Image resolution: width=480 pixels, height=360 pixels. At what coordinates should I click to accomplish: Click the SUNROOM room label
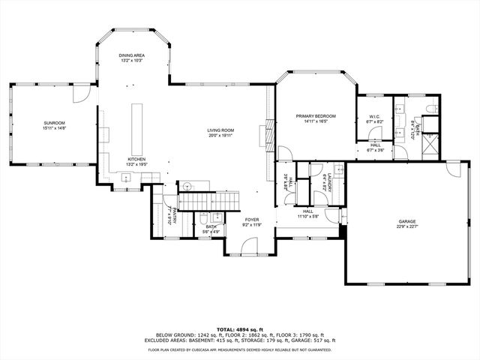pos(54,122)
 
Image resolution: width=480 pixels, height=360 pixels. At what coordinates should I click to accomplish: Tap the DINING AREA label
pos(132,55)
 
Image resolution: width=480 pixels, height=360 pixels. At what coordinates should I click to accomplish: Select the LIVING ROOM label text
pos(220,131)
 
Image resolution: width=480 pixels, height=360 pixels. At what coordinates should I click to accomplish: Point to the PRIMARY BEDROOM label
pos(315,115)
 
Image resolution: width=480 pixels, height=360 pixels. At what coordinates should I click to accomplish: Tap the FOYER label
pos(251,220)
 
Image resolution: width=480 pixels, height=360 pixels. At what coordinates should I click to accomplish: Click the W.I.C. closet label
pos(376,117)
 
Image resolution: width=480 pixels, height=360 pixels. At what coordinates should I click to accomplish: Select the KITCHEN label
pos(136,159)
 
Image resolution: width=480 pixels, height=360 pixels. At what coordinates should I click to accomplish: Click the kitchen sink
pos(126,178)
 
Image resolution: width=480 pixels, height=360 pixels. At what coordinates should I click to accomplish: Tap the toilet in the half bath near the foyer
pos(204,220)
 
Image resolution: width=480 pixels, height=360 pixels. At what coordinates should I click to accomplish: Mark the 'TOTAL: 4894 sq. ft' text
pos(239,329)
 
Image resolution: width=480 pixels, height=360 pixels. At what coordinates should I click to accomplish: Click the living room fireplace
pos(262,136)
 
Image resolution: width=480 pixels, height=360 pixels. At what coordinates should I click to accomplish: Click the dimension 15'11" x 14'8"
pos(54,128)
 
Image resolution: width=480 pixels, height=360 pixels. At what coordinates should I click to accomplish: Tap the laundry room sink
pos(339,170)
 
